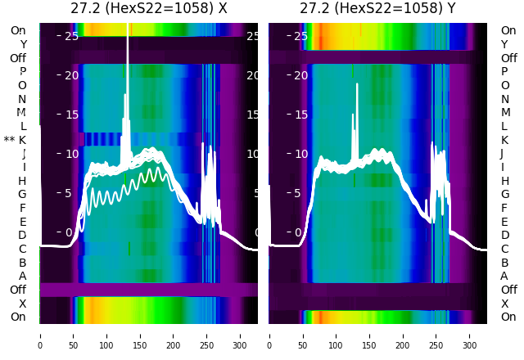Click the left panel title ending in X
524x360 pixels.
coord(148,9)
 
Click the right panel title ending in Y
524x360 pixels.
coord(377,9)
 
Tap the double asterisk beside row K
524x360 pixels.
coord(9,140)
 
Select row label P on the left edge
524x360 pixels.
coord(22,71)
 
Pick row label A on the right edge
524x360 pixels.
coord(504,276)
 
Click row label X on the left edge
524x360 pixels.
coord(22,304)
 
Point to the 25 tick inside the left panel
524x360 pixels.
coord(71,36)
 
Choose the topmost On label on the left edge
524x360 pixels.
coord(18,30)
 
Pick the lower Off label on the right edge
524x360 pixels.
coord(508,290)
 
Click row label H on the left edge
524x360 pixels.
coord(22,181)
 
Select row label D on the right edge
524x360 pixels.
coord(504,235)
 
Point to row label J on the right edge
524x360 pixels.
coord(502,153)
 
